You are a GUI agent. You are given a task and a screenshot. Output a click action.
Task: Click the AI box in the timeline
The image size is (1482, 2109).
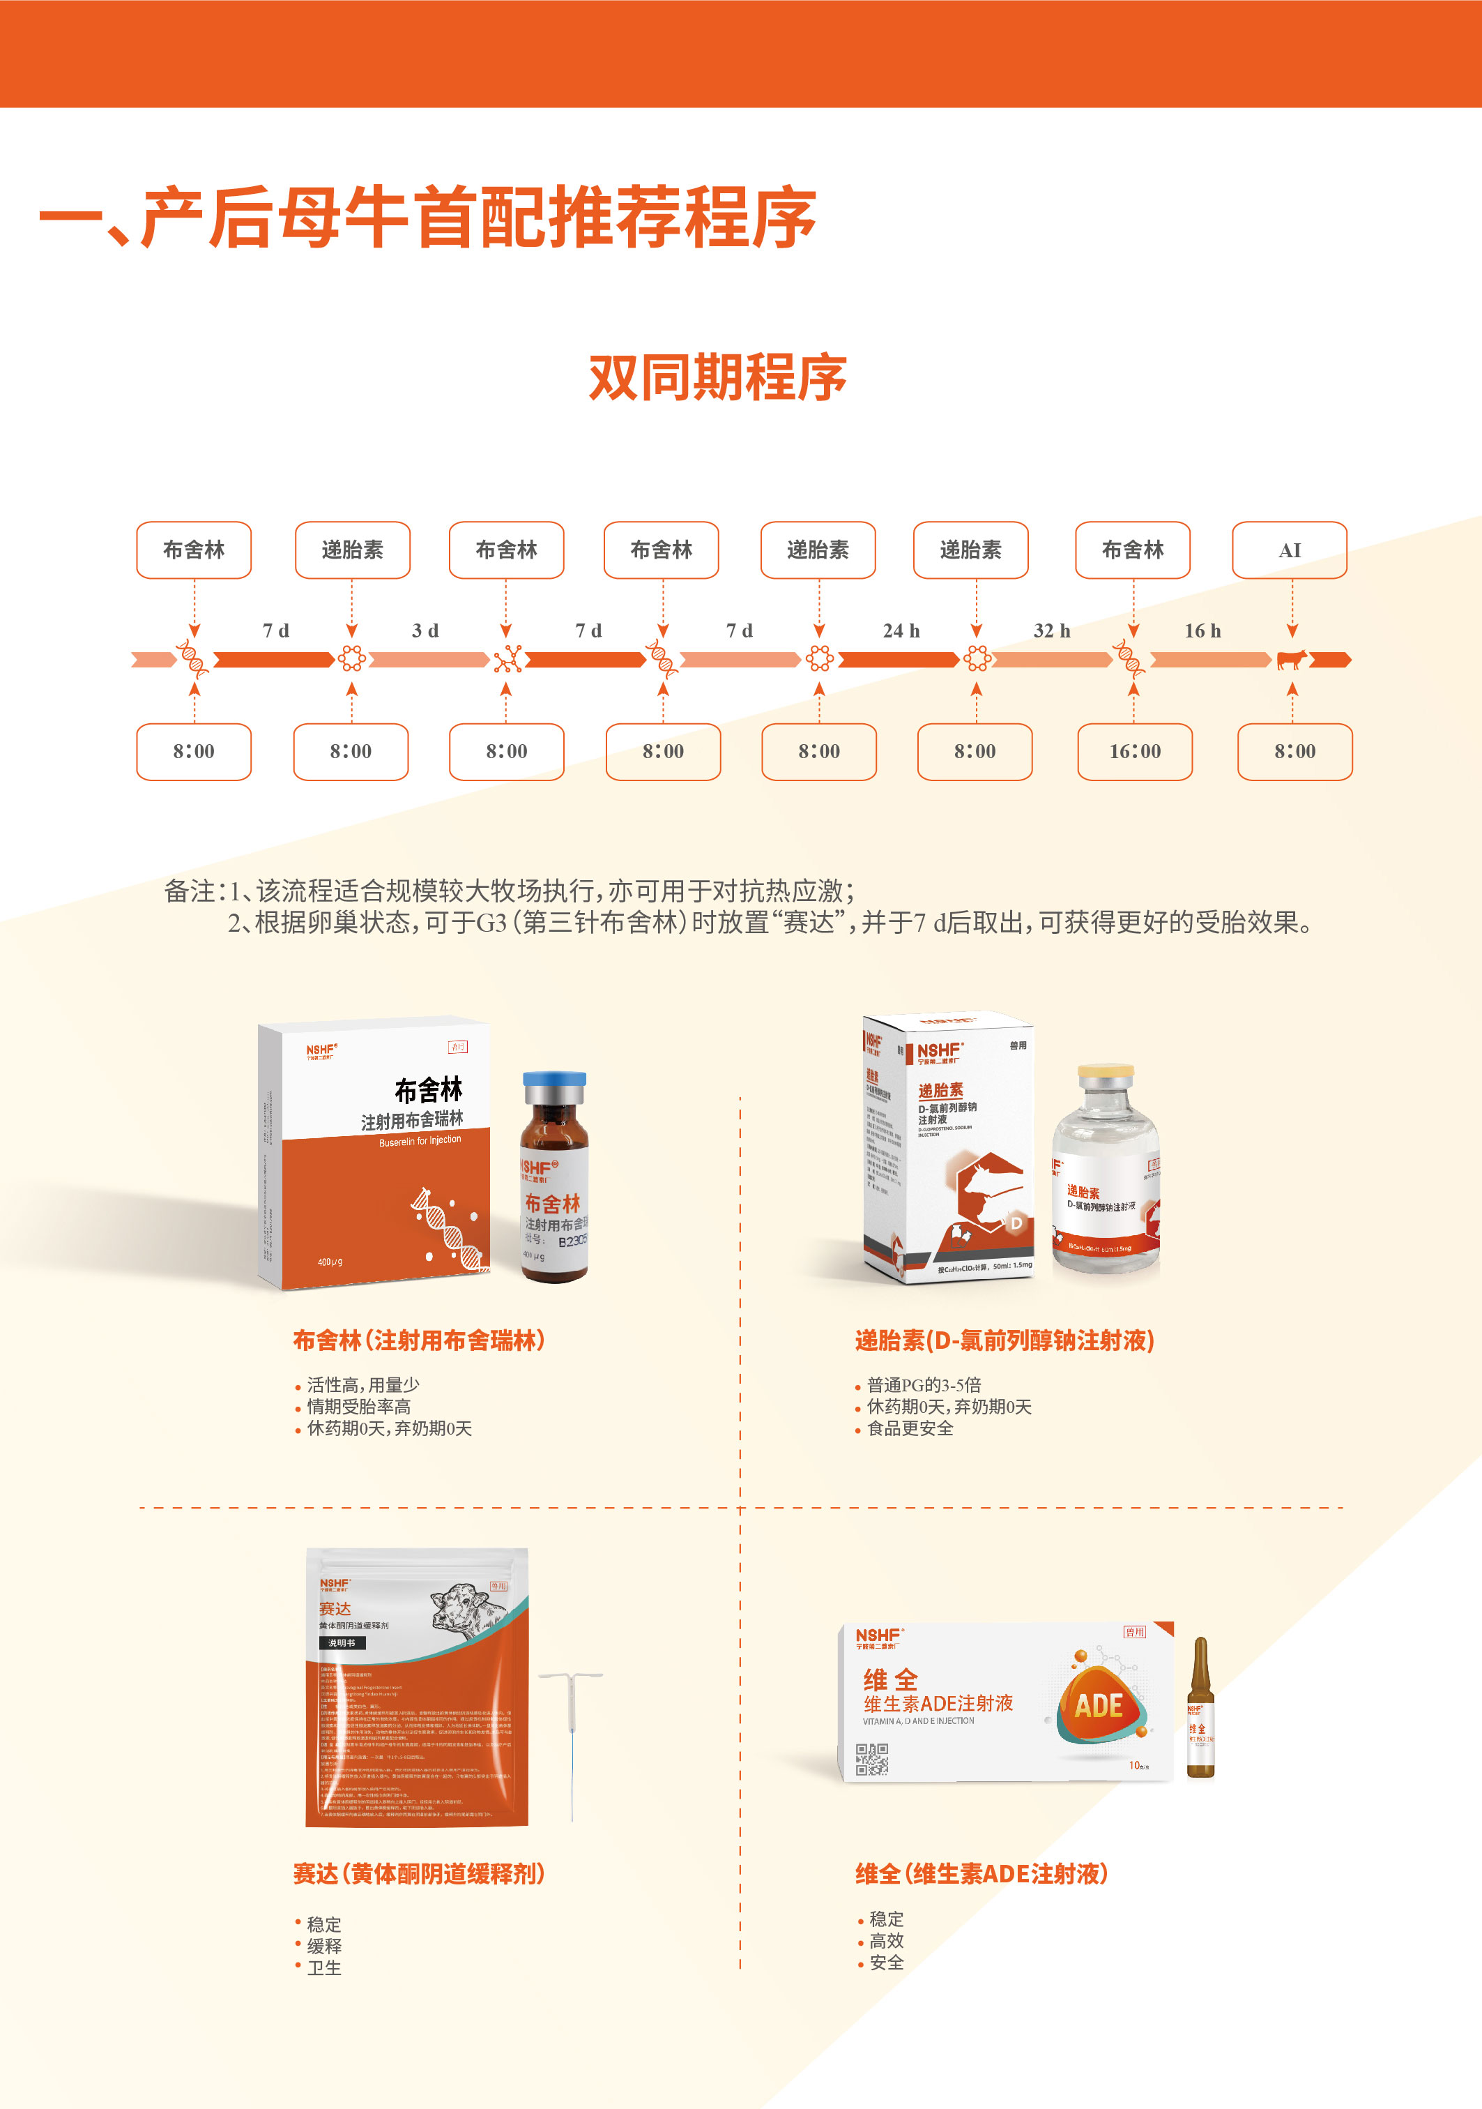[1289, 550]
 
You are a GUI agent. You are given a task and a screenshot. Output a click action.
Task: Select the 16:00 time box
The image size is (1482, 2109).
[1135, 751]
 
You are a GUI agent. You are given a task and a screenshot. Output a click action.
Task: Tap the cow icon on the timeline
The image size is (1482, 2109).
[1292, 660]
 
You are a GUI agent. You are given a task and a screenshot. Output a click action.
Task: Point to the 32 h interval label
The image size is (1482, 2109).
[1053, 631]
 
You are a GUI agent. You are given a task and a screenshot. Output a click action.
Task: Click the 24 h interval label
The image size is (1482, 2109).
[901, 631]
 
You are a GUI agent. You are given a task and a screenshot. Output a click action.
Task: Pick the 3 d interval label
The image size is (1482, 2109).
[425, 631]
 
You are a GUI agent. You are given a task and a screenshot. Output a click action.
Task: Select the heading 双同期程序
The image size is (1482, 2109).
[717, 377]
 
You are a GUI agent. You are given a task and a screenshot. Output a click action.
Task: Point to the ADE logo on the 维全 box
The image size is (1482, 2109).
[1099, 1707]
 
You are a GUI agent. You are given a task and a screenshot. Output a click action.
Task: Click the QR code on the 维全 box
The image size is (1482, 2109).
[871, 1759]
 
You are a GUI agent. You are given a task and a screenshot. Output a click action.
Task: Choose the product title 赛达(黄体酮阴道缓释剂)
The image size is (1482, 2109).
[419, 1874]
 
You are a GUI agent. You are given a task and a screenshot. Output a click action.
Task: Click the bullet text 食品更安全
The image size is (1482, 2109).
[910, 1428]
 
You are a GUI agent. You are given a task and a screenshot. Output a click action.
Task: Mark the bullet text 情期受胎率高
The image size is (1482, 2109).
[359, 1406]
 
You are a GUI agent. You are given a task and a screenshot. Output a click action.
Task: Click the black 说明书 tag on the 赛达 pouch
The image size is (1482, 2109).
[342, 1642]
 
